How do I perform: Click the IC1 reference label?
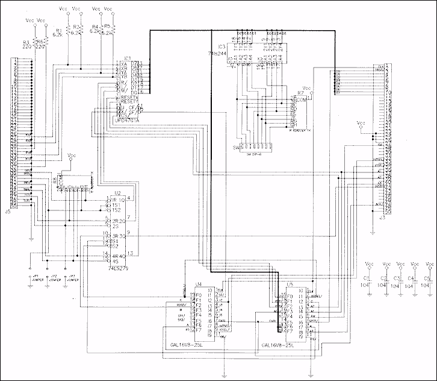(127, 58)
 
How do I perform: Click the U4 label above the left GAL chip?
(197, 283)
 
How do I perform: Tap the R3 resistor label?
(26, 42)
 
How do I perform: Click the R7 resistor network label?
(300, 94)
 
